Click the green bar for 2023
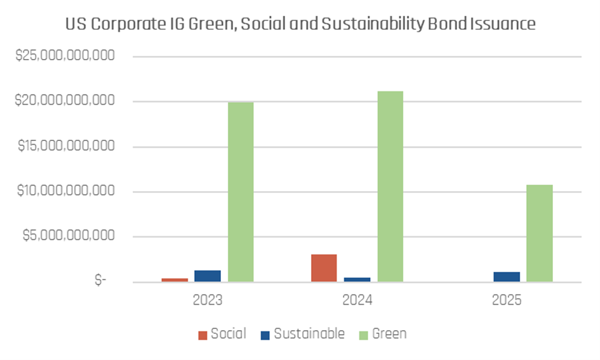pos(241,192)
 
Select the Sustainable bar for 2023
pos(208,276)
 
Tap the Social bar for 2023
pos(175,280)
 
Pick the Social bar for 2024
pos(324,268)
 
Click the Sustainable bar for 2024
pos(357,280)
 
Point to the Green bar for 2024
pos(390,187)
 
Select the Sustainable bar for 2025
pos(507,277)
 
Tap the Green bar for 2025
pos(540,233)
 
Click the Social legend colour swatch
pos(203,335)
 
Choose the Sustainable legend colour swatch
pos(265,335)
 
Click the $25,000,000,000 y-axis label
pos(66,57)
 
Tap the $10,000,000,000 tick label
pos(66,192)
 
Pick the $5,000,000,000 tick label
pos(69,237)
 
